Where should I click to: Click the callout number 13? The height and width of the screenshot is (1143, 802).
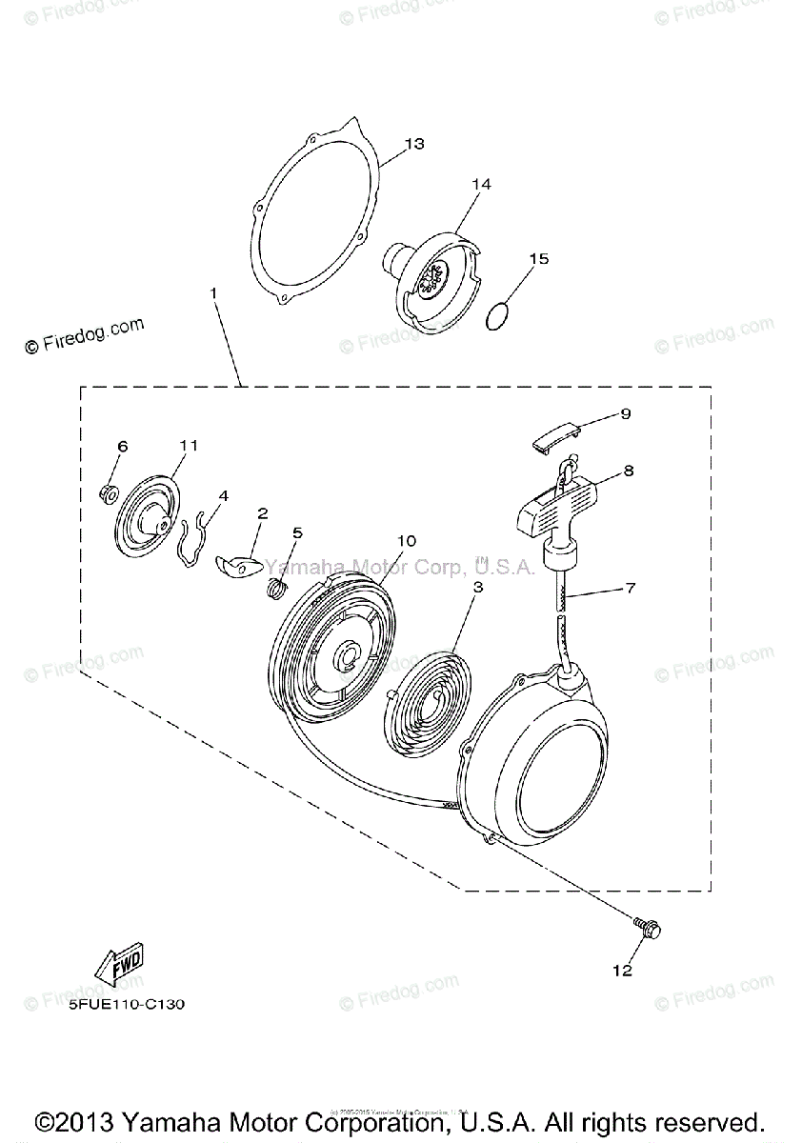[x=413, y=144]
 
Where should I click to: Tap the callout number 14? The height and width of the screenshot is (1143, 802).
[x=481, y=184]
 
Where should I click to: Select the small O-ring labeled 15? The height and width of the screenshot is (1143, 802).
[x=496, y=316]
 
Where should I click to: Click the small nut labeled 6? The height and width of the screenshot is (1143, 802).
[x=109, y=492]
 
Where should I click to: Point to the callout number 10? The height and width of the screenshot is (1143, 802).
[x=406, y=540]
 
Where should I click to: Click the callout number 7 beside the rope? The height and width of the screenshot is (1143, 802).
[x=630, y=590]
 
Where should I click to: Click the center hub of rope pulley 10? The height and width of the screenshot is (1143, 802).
[x=347, y=655]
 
